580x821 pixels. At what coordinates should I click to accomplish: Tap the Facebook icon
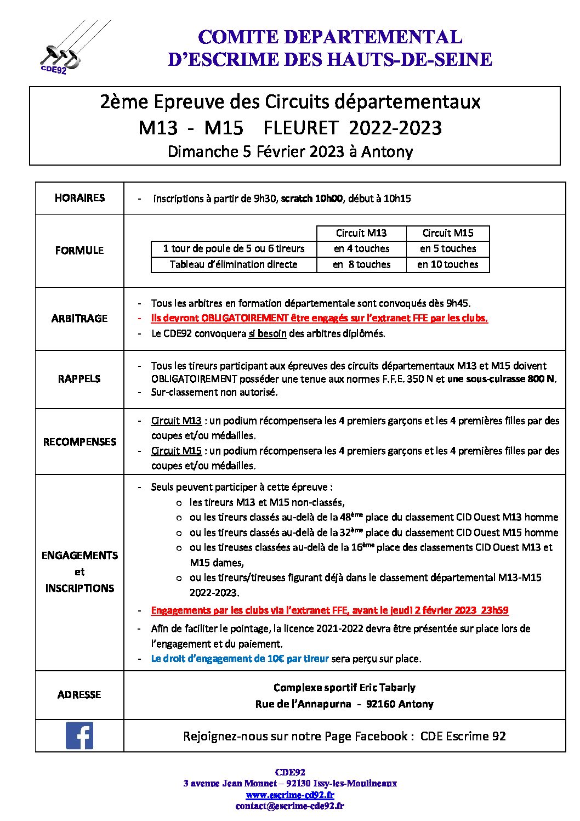[79, 735]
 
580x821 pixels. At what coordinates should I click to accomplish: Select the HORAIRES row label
[79, 198]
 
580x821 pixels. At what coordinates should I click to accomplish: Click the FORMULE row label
[79, 251]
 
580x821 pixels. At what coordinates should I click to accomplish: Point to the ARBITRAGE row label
[79, 319]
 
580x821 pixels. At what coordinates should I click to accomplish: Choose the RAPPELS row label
[79, 379]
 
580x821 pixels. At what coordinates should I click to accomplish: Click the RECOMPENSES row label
[79, 442]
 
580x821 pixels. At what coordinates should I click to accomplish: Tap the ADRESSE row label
[79, 695]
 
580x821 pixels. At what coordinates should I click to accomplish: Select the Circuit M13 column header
[361, 233]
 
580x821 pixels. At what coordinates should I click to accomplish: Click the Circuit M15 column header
[448, 233]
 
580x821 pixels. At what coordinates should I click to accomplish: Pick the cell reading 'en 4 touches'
[362, 248]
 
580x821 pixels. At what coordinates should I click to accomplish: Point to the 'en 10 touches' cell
[448, 264]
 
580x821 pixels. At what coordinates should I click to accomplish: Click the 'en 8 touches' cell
[362, 264]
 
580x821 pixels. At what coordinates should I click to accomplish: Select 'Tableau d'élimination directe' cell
[234, 264]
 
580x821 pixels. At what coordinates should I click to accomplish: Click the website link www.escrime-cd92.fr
[290, 795]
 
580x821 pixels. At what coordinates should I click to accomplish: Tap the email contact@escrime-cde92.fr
[290, 806]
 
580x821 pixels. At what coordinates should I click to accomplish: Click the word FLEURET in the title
[300, 128]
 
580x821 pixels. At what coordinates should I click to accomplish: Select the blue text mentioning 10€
[240, 659]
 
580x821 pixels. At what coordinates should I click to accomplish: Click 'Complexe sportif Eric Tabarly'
[344, 688]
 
